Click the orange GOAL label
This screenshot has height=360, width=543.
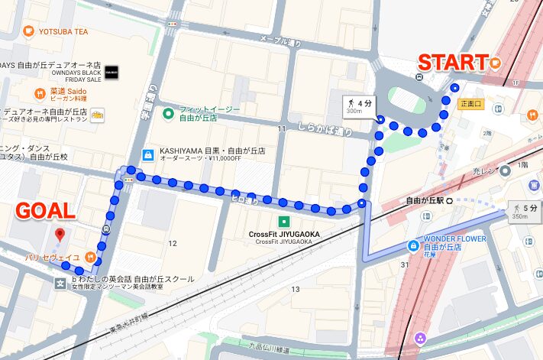click(x=46, y=211)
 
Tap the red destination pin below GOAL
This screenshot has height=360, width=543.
click(x=60, y=234)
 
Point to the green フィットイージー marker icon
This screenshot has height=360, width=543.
click(x=168, y=115)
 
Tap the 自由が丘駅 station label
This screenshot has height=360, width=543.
click(x=424, y=201)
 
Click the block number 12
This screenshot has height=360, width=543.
click(x=173, y=243)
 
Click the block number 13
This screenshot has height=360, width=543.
click(x=296, y=289)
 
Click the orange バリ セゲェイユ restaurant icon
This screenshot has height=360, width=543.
click(x=90, y=258)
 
